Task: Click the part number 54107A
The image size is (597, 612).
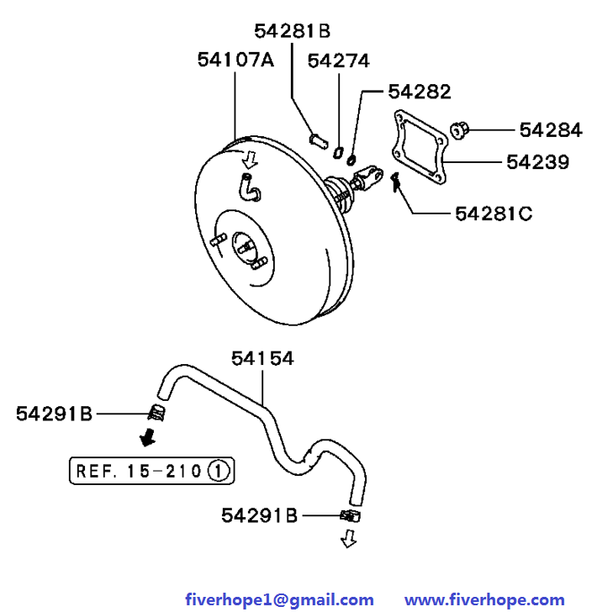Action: point(235,60)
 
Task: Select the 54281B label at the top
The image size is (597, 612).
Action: point(292,31)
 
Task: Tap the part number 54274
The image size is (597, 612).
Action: point(338,61)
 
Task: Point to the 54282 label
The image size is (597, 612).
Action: point(420,91)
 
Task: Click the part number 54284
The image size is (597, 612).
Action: point(550,129)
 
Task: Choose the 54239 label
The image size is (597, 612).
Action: point(537,161)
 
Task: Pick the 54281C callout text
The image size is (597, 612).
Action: point(494,214)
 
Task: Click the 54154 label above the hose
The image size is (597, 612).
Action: point(262,358)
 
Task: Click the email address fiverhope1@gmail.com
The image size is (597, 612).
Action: point(279,599)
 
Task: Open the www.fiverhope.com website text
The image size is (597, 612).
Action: point(484,599)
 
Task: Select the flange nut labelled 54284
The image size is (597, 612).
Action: point(459,129)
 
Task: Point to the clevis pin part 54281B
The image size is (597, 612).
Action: point(318,138)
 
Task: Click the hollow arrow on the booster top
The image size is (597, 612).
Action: point(249,158)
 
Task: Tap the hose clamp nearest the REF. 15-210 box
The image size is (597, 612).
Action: point(156,412)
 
